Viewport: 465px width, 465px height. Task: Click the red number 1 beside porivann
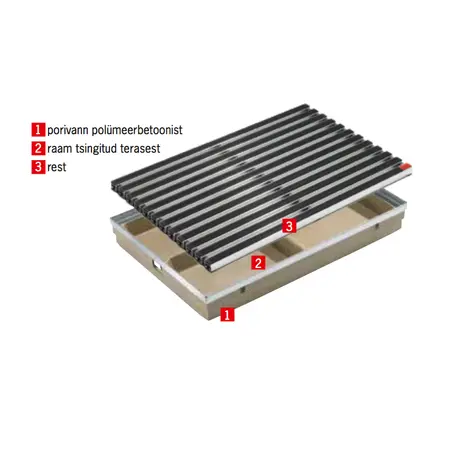38,129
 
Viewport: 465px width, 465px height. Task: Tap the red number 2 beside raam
38,148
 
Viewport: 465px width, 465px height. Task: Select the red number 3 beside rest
38,167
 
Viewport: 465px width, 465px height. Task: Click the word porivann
68,130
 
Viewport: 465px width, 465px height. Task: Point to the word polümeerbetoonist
137,129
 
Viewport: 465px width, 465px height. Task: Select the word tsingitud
96,149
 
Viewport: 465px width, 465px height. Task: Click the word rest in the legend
57,167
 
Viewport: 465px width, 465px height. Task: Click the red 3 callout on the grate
289,226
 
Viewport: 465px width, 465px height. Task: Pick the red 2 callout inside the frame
258,263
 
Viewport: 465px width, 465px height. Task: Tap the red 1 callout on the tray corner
227,314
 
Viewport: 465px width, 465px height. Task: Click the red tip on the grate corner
407,165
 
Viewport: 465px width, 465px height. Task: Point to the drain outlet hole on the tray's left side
157,264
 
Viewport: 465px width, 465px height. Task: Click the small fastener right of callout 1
243,290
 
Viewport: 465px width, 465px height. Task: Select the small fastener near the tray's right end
377,226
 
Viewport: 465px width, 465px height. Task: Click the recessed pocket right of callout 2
282,247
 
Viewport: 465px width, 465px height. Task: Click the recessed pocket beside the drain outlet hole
183,262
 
